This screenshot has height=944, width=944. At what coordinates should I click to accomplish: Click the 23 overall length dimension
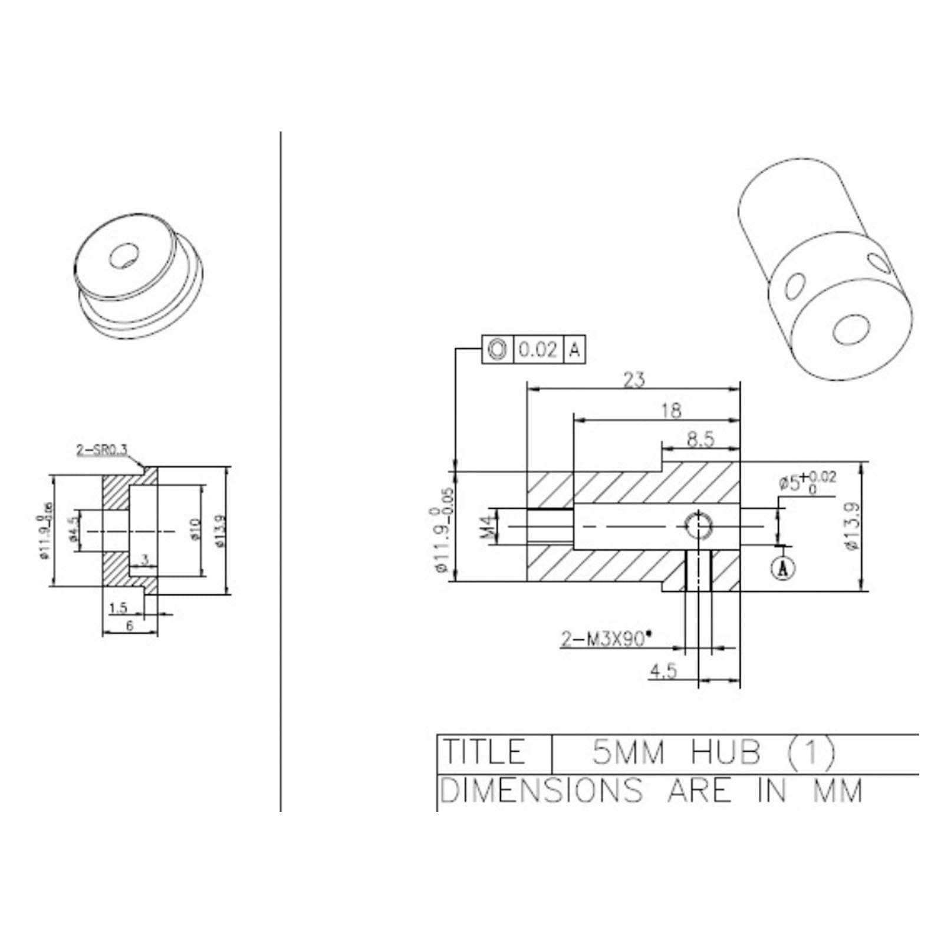coord(634,380)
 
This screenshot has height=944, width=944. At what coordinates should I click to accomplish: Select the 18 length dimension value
coord(671,410)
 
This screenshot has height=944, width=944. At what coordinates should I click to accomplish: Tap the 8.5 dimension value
coord(700,439)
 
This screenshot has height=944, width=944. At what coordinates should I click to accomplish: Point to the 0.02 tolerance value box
coord(537,350)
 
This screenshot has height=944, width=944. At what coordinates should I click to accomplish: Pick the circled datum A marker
coord(783,567)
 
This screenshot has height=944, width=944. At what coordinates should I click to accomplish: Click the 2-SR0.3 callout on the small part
coord(101,450)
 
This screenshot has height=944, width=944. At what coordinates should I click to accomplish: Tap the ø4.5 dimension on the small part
coord(74,529)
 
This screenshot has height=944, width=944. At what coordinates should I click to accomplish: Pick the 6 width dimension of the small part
coord(130,626)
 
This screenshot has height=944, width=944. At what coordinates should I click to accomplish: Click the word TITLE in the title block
coord(483,752)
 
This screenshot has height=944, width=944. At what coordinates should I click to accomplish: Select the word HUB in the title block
coord(725,752)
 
